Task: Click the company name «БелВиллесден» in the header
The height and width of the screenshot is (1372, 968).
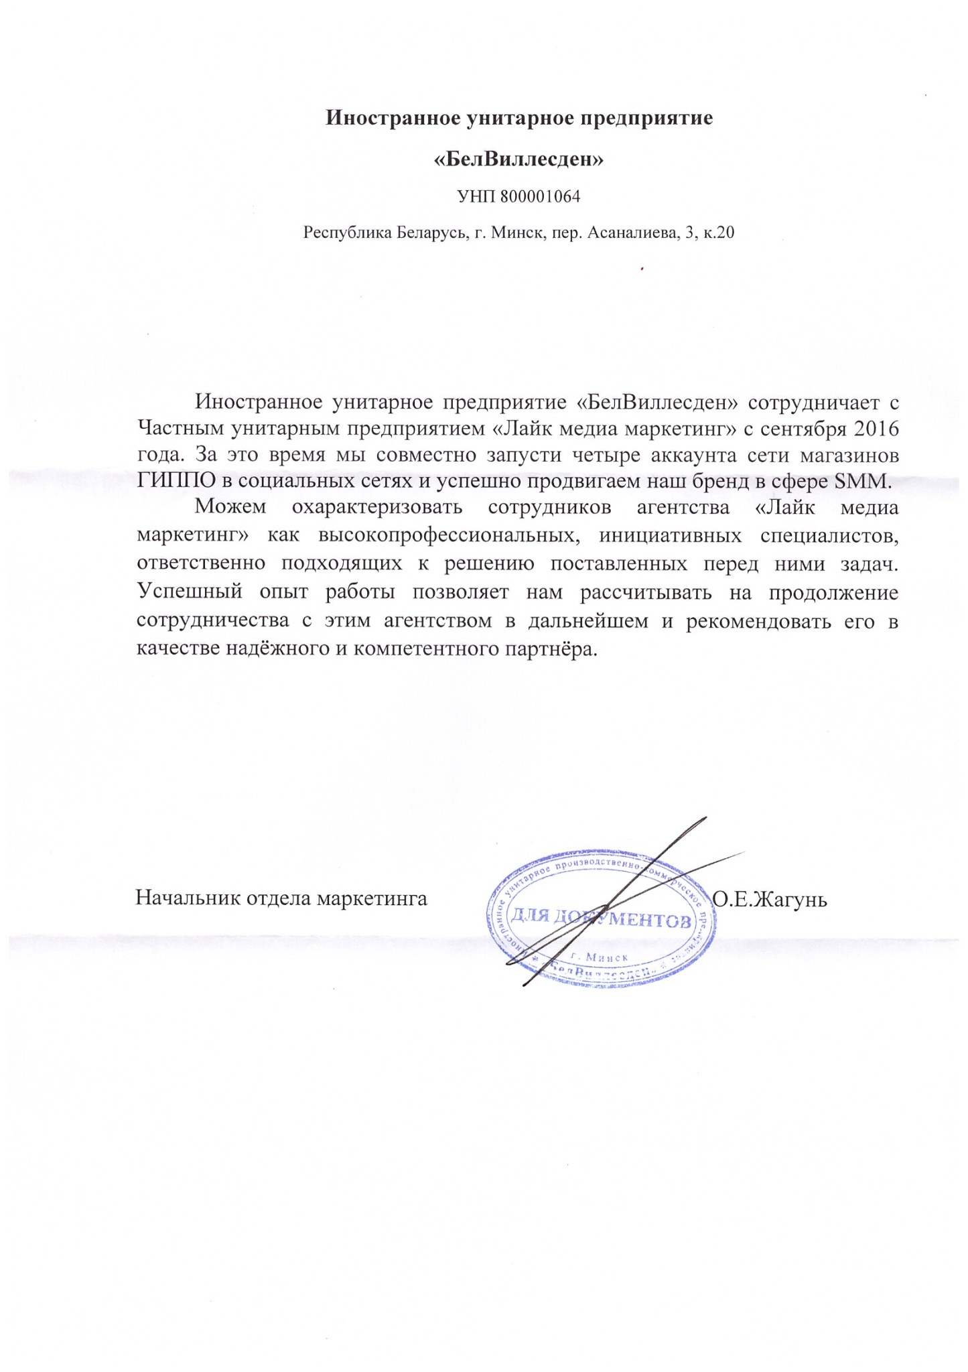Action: pos(519,159)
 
